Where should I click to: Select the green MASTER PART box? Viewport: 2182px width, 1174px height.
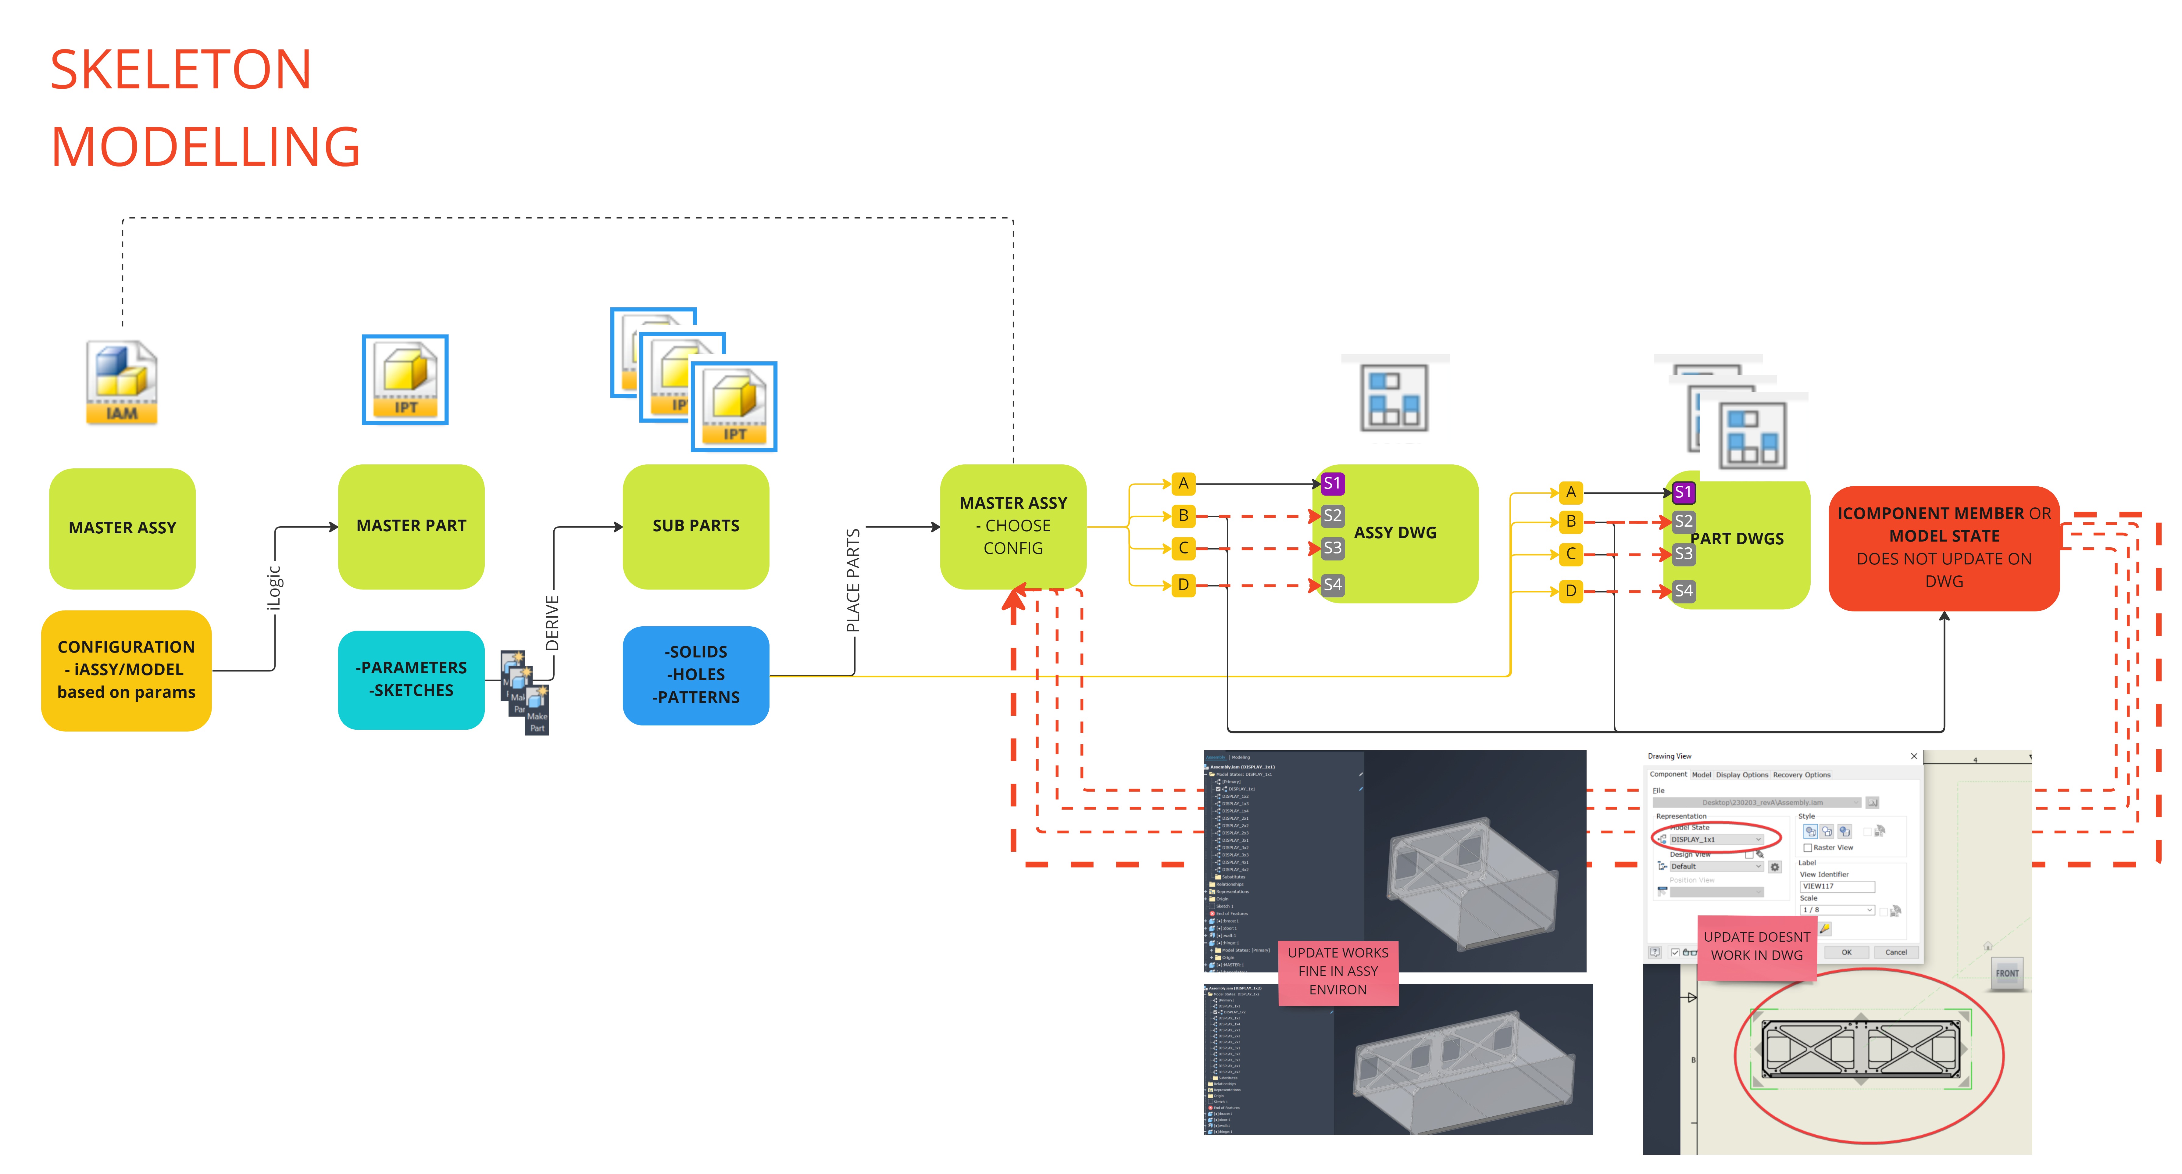pyautogui.click(x=411, y=526)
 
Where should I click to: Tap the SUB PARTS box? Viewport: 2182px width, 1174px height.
pyautogui.click(x=695, y=526)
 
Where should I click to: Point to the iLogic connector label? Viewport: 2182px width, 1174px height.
pyautogui.click(x=273, y=587)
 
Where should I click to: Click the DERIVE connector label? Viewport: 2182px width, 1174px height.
pyautogui.click(x=552, y=623)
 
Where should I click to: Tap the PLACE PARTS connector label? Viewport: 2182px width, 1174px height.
pyautogui.click(x=853, y=580)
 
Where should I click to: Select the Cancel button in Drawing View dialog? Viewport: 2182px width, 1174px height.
pyautogui.click(x=1896, y=952)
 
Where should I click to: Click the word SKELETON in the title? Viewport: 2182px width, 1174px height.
pyautogui.click(x=180, y=70)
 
